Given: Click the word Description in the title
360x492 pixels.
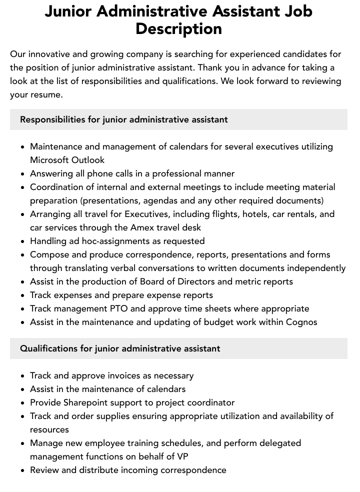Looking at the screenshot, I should (178, 28).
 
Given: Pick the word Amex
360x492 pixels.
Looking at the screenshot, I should (144, 227).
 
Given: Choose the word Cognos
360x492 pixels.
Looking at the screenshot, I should (301, 322).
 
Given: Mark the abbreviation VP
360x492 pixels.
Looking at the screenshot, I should (182, 456).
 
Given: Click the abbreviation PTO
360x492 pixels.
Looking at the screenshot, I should (126, 308).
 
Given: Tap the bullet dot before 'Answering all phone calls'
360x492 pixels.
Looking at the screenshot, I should (22, 174).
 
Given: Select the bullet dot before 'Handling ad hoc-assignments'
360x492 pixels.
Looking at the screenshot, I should (22, 241).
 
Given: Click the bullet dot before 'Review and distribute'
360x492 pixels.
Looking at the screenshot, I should (22, 470).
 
